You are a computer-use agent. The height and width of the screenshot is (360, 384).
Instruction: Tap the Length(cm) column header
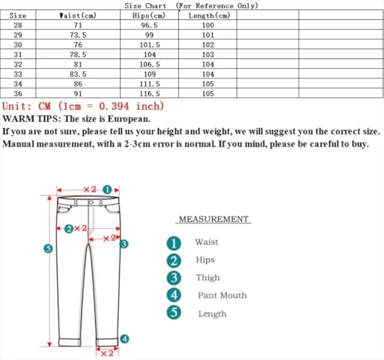[207, 15]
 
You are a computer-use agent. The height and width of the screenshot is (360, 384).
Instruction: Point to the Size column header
[18, 15]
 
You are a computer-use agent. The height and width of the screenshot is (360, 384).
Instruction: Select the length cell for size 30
[207, 45]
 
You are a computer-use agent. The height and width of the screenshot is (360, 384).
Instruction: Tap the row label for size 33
[18, 74]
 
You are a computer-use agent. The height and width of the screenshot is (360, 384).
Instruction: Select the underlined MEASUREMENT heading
[214, 220]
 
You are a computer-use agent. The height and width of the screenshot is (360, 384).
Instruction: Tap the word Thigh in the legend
[207, 278]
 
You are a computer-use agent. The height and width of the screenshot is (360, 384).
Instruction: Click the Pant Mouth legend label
[222, 296]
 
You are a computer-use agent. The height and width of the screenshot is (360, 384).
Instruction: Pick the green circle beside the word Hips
[174, 260]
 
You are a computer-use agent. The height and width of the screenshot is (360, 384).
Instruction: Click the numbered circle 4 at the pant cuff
[124, 338]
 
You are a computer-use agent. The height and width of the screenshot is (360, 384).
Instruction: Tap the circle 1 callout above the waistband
[108, 189]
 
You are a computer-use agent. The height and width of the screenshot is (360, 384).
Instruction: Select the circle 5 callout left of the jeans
[48, 248]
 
